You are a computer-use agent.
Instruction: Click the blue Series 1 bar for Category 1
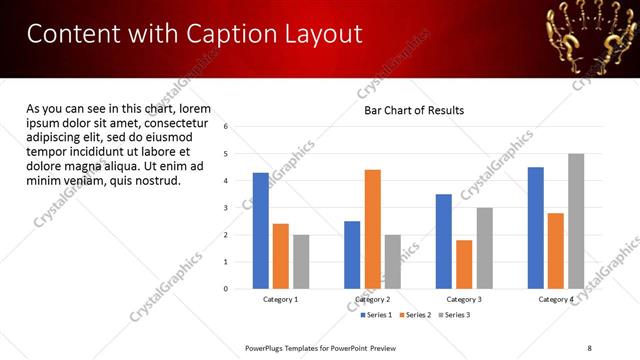coord(261,230)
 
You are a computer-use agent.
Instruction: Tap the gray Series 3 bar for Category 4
coord(575,221)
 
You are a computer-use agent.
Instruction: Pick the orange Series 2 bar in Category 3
coord(464,264)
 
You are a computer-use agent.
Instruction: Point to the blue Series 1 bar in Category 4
coord(535,227)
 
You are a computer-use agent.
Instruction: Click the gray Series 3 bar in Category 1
coord(301,261)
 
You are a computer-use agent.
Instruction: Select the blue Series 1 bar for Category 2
coord(352,254)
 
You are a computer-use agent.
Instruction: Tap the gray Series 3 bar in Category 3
coord(484,248)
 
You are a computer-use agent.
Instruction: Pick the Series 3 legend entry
coord(454,315)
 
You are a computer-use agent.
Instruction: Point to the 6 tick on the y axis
coord(227,127)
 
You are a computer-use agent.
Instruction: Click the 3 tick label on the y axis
coord(227,208)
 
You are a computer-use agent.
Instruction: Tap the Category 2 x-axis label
coord(372,299)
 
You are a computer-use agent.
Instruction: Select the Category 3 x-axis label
coord(464,299)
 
